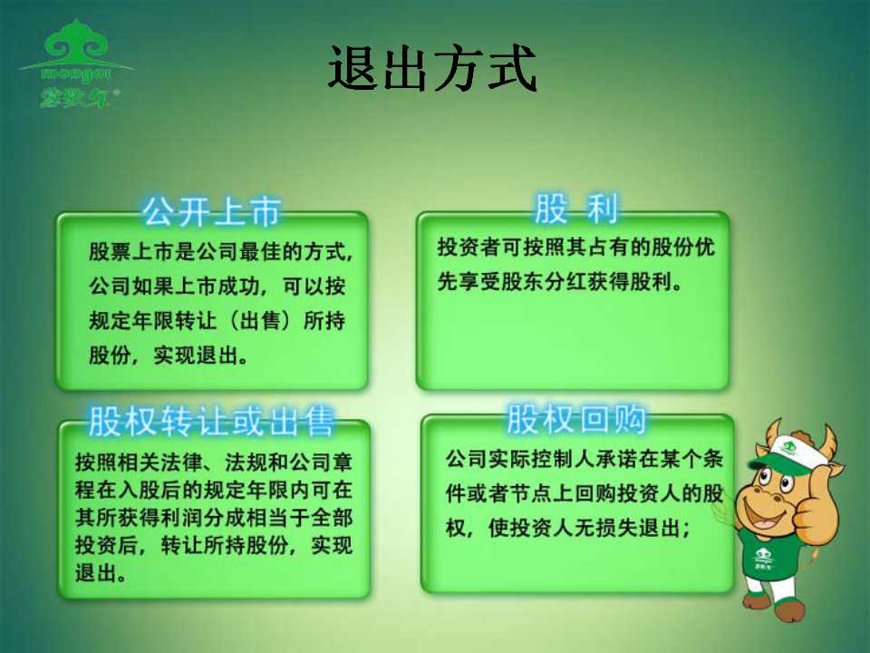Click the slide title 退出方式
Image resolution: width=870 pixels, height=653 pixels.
(x=432, y=68)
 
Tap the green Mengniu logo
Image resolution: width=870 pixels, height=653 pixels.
(x=76, y=63)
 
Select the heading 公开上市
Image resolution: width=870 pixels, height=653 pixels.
(x=211, y=211)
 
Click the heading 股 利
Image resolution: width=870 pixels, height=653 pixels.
(x=575, y=209)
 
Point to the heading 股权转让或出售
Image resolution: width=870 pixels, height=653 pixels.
(x=211, y=421)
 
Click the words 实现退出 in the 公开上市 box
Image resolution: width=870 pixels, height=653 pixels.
(x=196, y=355)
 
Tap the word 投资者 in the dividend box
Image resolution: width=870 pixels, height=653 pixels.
(x=469, y=247)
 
